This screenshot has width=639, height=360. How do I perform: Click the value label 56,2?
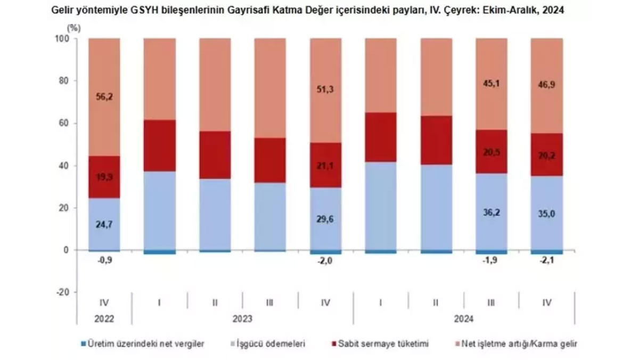coord(104,96)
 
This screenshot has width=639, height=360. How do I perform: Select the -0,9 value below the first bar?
coord(104,260)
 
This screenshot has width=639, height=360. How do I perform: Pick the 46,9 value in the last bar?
coord(547,99)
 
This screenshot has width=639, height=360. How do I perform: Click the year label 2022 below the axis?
coord(104,319)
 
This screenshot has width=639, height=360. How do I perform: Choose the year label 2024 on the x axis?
coord(463,319)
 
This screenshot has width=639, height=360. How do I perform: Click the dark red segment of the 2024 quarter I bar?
coord(381,137)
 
